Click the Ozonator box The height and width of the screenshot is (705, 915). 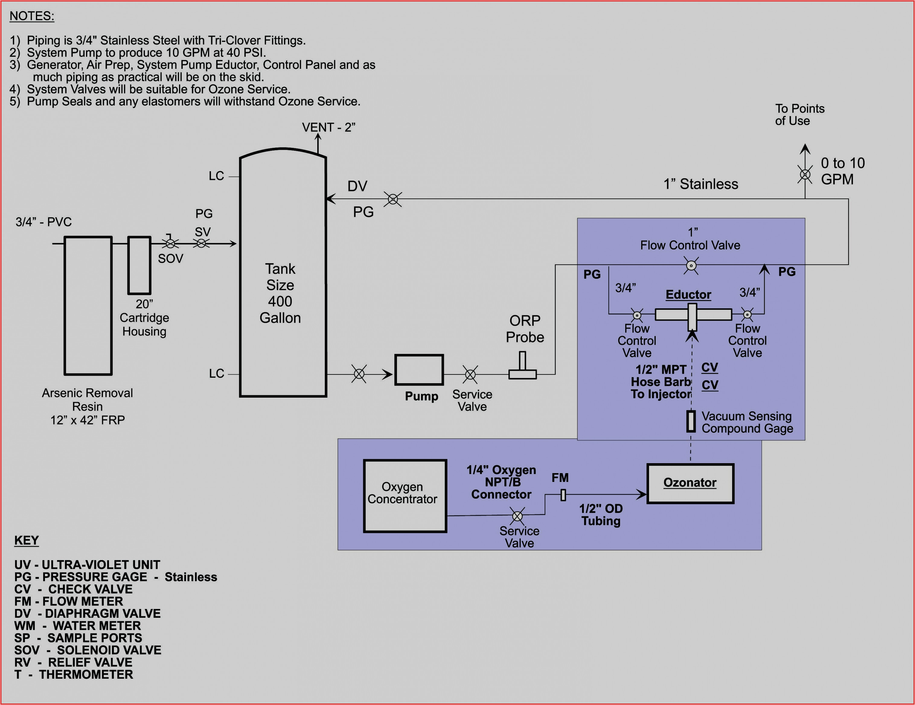[x=690, y=483]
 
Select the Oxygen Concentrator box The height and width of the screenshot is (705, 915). [x=405, y=496]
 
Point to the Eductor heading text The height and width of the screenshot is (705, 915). [x=688, y=295]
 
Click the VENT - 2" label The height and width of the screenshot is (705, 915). [x=328, y=127]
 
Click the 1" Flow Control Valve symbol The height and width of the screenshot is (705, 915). [x=691, y=266]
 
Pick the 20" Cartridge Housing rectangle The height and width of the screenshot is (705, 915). [x=139, y=265]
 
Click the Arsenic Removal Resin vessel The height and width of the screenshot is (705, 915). [x=88, y=306]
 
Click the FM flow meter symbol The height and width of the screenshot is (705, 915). [x=563, y=495]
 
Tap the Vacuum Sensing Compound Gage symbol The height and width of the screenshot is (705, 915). [x=691, y=421]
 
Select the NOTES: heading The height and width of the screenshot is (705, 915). [x=32, y=16]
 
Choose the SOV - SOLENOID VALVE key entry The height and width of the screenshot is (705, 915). [x=88, y=650]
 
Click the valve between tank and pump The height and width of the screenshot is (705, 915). [x=359, y=374]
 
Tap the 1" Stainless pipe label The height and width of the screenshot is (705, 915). [x=700, y=184]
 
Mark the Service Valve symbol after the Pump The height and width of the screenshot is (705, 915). [x=470, y=374]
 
